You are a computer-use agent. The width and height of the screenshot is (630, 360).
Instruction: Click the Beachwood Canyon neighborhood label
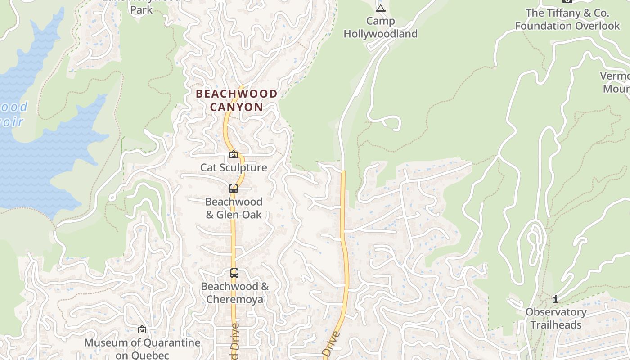236,100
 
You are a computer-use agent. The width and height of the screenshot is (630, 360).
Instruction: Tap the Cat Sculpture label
234,168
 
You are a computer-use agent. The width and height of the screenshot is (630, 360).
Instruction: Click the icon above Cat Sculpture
234,155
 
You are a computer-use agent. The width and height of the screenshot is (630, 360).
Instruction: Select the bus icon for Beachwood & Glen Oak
234,189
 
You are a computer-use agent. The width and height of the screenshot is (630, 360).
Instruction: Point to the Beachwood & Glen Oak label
234,208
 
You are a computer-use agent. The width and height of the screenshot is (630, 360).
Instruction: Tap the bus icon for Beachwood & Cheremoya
234,273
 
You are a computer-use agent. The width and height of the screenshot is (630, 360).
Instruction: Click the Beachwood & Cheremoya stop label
234,292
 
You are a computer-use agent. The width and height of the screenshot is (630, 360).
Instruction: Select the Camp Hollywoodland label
381,27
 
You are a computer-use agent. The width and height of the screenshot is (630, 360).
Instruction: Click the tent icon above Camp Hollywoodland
381,8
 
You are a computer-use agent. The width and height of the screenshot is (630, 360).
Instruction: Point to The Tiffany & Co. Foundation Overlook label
567,19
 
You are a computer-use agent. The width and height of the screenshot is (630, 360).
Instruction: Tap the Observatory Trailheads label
556,318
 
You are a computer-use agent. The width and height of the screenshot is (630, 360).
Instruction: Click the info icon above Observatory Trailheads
556,299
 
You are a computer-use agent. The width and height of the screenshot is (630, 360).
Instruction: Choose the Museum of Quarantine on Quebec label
142,349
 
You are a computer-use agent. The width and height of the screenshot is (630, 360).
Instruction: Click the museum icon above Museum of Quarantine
142,330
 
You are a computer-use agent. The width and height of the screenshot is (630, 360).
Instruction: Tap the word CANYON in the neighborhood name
236,107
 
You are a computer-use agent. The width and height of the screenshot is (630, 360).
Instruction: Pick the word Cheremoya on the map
234,299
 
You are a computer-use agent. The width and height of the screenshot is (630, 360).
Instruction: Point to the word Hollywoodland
381,34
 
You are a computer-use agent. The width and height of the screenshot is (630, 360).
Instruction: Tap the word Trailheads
556,325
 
